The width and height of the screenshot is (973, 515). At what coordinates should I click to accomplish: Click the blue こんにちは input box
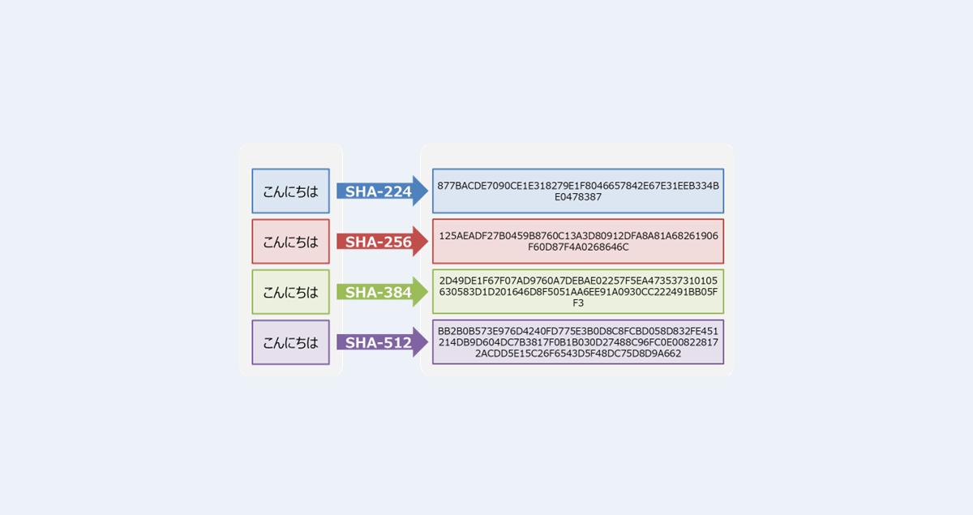pyautogui.click(x=290, y=191)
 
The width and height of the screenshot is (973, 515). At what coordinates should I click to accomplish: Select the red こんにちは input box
pyautogui.click(x=290, y=242)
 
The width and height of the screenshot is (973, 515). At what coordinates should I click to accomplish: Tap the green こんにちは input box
pyautogui.click(x=290, y=292)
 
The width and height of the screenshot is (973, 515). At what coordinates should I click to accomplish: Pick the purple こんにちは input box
pyautogui.click(x=290, y=342)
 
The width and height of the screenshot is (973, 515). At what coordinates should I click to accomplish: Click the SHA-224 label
pyautogui.click(x=378, y=192)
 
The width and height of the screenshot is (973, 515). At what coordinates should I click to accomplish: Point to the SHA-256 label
pyautogui.click(x=378, y=242)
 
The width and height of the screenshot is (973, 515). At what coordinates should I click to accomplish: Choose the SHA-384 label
pyautogui.click(x=378, y=292)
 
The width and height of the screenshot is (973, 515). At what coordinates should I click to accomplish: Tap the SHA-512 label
pyautogui.click(x=378, y=342)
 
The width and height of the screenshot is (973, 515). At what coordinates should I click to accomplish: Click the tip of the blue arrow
pyautogui.click(x=427, y=191)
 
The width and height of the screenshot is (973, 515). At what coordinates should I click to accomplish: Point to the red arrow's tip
pyautogui.click(x=427, y=242)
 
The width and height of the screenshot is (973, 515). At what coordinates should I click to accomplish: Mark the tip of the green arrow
pyautogui.click(x=427, y=292)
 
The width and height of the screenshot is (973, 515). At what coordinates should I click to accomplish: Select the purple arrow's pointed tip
pyautogui.click(x=427, y=342)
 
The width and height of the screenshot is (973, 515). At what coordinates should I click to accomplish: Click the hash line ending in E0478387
pyautogui.click(x=578, y=197)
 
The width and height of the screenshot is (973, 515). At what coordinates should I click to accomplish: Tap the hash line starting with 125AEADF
pyautogui.click(x=578, y=236)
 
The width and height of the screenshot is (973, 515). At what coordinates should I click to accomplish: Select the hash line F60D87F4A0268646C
pyautogui.click(x=578, y=247)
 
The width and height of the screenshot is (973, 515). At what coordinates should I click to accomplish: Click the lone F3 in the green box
pyautogui.click(x=578, y=303)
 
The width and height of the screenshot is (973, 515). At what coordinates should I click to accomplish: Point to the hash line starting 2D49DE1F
pyautogui.click(x=578, y=281)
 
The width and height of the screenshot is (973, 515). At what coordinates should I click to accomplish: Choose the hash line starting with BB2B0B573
pyautogui.click(x=578, y=331)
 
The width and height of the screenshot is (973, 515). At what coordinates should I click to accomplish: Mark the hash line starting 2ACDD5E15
pyautogui.click(x=578, y=354)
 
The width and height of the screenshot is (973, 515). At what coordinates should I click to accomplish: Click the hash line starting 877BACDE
pyautogui.click(x=578, y=186)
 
